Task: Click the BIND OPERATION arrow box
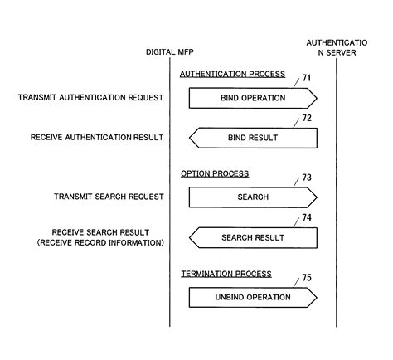(x=253, y=98)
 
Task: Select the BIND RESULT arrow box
(x=253, y=138)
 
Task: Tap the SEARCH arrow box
(x=253, y=197)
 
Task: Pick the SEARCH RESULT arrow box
(x=253, y=238)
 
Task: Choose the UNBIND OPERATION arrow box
(x=253, y=297)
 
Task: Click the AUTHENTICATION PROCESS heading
(x=232, y=74)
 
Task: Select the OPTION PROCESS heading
(x=215, y=173)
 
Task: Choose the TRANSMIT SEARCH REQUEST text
(x=108, y=197)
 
